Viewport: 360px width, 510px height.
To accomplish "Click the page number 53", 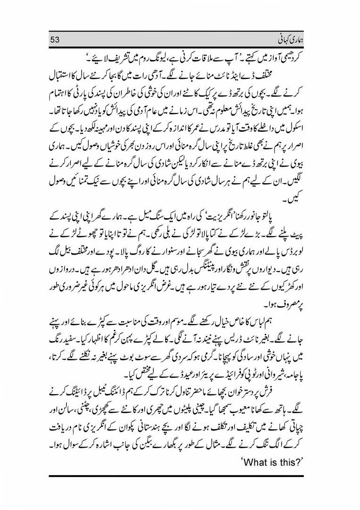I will (x=56, y=39).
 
